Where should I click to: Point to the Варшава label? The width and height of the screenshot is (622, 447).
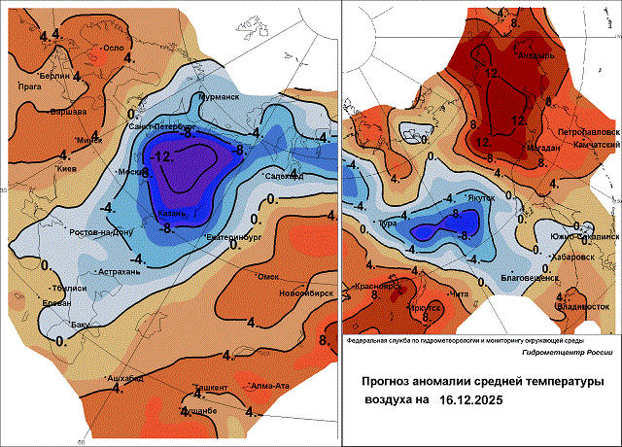tap(69, 111)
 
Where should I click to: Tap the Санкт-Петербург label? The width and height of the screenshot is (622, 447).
tap(157, 127)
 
